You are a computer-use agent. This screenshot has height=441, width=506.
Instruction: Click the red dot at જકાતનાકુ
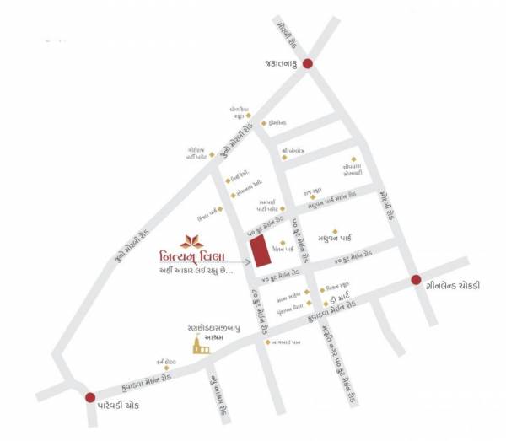(x=308, y=64)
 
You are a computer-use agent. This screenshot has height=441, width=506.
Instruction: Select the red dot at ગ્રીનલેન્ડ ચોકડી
(x=415, y=280)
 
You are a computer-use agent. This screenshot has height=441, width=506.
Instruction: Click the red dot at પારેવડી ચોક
(x=90, y=397)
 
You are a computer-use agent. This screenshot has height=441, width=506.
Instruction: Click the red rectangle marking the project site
(x=260, y=250)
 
